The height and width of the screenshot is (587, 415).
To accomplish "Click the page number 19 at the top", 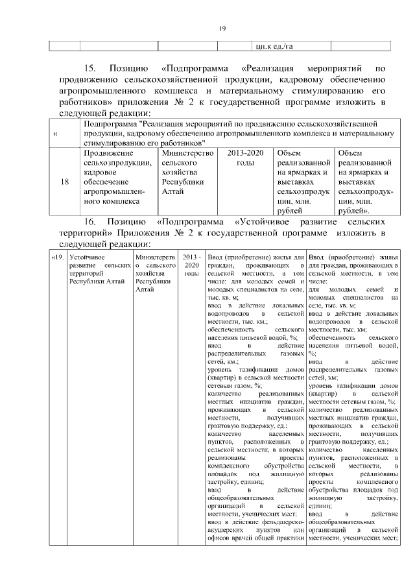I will [221, 27].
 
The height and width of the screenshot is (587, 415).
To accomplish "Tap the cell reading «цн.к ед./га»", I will [275, 45].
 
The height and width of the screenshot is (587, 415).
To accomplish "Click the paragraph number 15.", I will [91, 68].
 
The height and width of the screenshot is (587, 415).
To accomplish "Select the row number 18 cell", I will [64, 182].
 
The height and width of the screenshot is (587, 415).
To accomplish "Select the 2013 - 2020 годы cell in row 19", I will [191, 265].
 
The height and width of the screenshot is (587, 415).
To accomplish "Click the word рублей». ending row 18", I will [355, 210].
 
